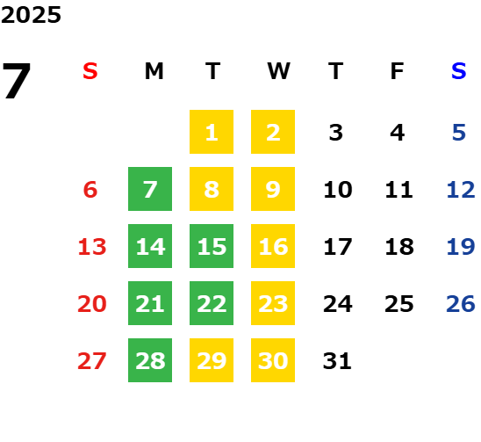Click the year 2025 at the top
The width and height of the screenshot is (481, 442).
(x=31, y=15)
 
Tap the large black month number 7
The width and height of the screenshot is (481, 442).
(x=17, y=81)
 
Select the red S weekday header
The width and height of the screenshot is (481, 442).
(x=90, y=71)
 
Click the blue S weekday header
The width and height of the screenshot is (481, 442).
(x=458, y=71)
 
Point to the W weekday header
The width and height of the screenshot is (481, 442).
(x=278, y=71)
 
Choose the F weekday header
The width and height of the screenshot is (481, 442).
(x=397, y=71)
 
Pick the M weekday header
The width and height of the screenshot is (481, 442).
(x=154, y=71)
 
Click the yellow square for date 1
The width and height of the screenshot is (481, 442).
(x=212, y=132)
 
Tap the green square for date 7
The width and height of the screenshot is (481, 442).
(x=150, y=189)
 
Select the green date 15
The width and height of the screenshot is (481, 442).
(x=212, y=246)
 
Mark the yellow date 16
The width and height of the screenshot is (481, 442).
(x=273, y=246)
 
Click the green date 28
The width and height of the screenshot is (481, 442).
(x=150, y=360)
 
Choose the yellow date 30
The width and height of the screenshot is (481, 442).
(x=273, y=360)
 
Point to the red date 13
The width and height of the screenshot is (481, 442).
(x=92, y=247)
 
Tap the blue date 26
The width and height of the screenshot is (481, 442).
(x=461, y=304)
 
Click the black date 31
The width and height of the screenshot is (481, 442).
(x=337, y=361)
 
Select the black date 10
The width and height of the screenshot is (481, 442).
(x=338, y=190)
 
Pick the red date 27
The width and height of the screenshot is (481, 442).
(x=92, y=361)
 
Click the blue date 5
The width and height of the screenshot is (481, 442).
(x=459, y=133)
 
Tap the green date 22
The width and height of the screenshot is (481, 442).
(x=212, y=303)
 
